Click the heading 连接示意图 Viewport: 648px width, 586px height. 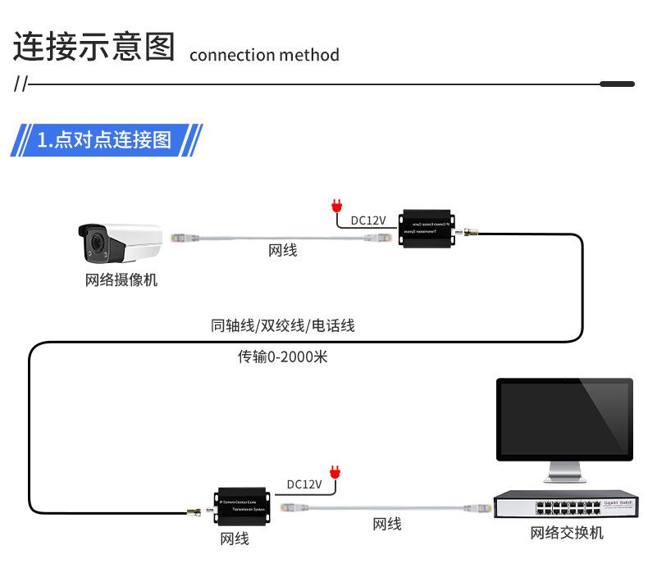click(94, 48)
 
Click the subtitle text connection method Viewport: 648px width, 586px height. click(263, 56)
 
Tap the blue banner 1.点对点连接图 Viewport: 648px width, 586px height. click(105, 139)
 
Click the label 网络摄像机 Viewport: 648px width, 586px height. click(121, 280)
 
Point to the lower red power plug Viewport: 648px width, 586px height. click(334, 471)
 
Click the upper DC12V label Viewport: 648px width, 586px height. click(367, 220)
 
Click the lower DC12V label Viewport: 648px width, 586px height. click(303, 484)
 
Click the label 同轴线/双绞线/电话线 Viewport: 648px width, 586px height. click(282, 325)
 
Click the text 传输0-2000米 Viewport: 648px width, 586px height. click(282, 357)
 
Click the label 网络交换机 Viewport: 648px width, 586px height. click(566, 534)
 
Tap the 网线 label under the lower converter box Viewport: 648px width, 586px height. click(234, 539)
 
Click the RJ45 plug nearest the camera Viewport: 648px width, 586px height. click(185, 238)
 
